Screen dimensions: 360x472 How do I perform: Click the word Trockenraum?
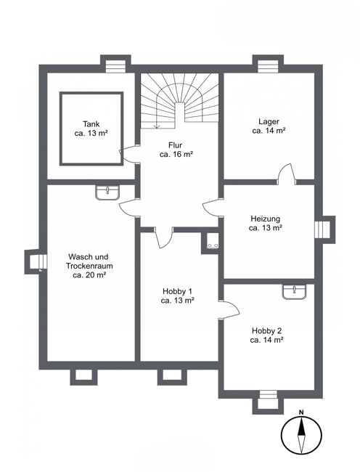point(89,266)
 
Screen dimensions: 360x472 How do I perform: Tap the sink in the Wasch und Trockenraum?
point(107,192)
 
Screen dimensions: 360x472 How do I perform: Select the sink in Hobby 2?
point(294,292)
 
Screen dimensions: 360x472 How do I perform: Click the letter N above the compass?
point(301,412)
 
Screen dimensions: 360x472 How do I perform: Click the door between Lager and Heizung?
point(287,174)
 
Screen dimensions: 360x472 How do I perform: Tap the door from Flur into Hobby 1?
point(164,237)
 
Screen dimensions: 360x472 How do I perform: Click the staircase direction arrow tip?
point(156,127)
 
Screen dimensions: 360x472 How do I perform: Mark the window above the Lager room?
point(268,66)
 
